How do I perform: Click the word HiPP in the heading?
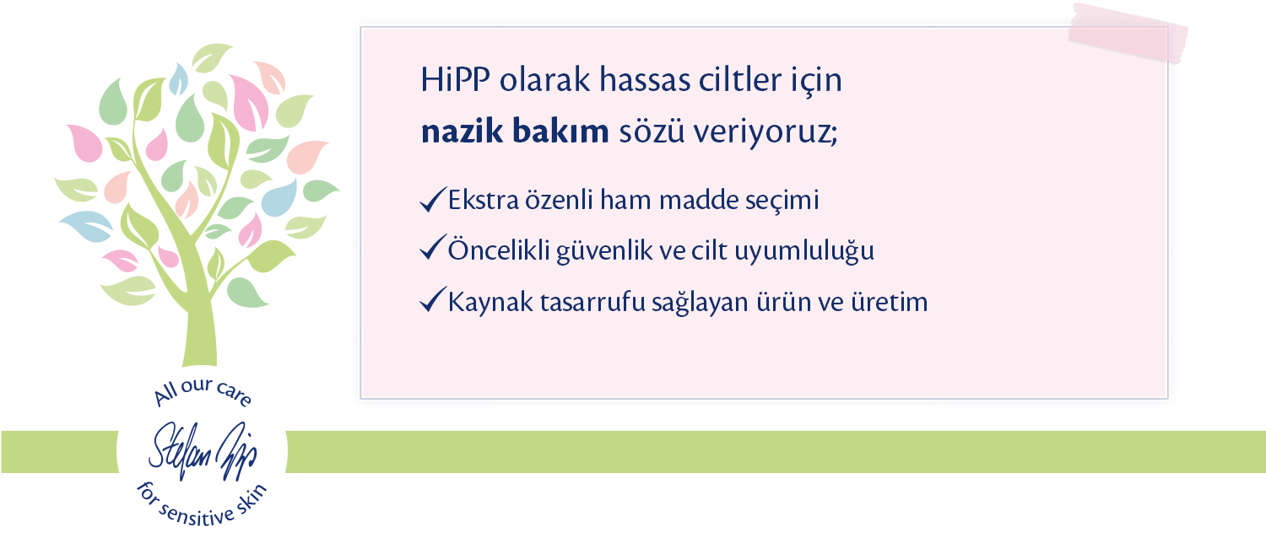455,79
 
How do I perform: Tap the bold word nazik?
462,131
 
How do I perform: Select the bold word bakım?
560,131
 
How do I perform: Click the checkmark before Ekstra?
433,199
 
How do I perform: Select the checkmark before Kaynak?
433,299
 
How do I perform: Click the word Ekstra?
484,200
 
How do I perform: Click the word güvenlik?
604,251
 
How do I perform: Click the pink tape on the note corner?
1128,33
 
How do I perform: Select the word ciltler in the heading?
733,79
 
